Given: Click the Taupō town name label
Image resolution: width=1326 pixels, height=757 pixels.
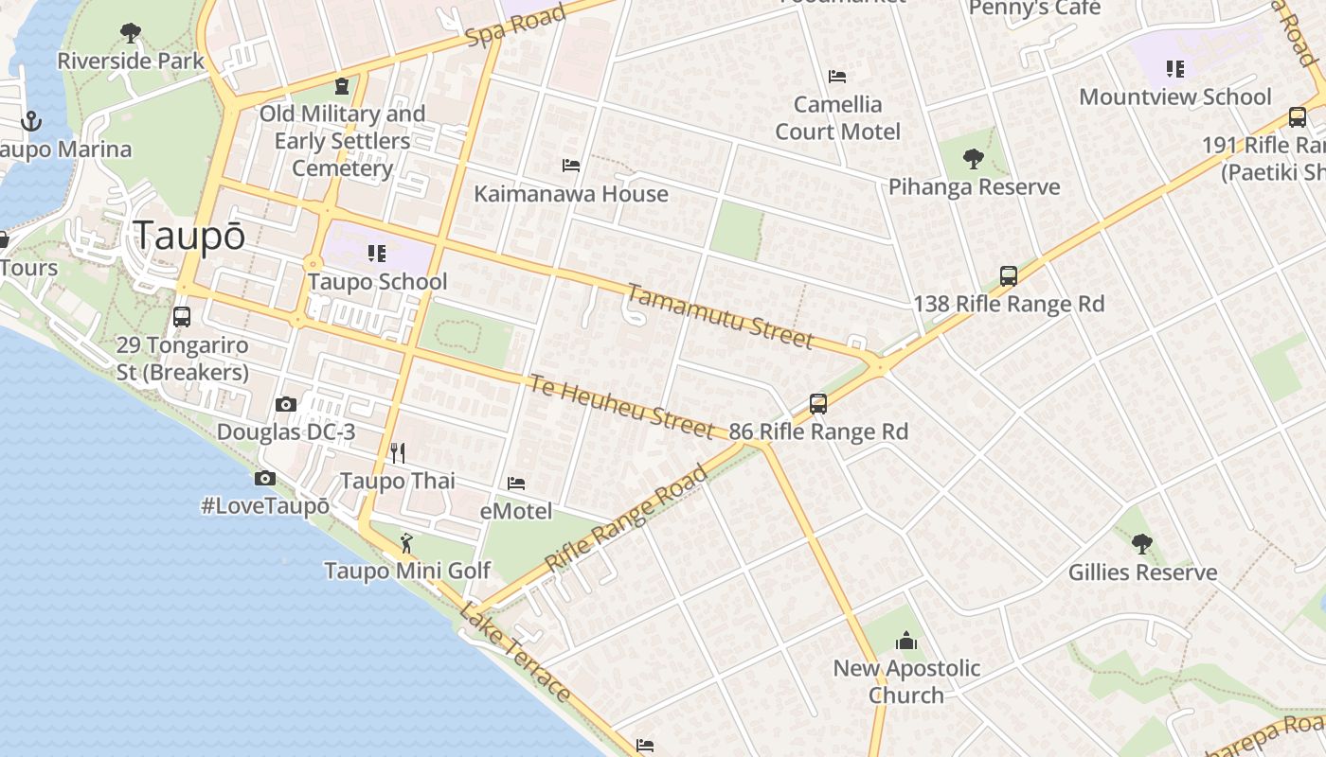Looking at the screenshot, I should (189, 236).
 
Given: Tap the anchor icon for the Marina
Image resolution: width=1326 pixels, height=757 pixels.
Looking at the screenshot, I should (31, 121).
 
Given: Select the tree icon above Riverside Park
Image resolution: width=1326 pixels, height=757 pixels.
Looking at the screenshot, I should (131, 34).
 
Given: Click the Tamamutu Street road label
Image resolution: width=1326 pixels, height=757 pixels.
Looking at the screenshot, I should (720, 316).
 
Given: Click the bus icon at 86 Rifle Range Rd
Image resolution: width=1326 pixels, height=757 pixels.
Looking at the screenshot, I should (818, 404).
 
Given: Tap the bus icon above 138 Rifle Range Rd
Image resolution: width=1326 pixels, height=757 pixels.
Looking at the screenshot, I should (1009, 276).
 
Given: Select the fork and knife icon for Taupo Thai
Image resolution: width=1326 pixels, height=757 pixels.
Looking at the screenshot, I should (398, 453).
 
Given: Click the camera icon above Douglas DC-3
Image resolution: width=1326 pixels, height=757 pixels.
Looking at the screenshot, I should (285, 405).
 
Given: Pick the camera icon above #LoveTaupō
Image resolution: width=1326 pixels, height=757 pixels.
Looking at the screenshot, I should (265, 479).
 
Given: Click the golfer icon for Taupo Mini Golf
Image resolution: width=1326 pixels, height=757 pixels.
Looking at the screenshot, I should (407, 543).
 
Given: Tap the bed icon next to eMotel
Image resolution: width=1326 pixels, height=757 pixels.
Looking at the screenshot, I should (516, 484).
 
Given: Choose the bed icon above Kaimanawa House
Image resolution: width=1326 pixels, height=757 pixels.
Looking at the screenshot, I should (571, 166).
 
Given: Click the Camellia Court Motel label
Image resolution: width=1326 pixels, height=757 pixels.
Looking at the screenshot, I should (837, 117).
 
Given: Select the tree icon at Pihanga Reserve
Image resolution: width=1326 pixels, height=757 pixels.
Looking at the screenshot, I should (973, 158).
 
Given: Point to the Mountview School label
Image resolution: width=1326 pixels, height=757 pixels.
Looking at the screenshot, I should (1174, 97).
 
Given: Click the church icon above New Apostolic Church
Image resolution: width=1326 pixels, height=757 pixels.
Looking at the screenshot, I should (906, 641).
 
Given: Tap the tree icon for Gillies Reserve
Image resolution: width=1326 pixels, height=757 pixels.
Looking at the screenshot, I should (1142, 544).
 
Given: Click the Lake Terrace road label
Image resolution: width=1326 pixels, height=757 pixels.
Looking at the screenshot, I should (515, 652).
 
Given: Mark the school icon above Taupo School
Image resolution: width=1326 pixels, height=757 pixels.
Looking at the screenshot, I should (377, 254).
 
